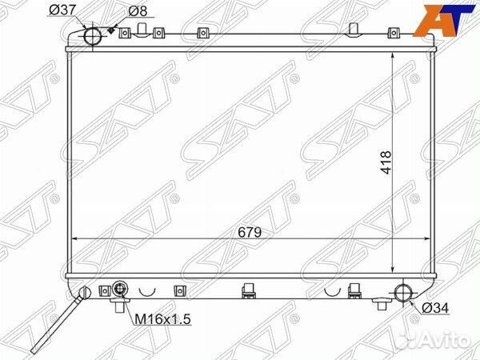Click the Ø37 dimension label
pos(62,10)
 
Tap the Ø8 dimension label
pos(138,11)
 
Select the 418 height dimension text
pos(386,162)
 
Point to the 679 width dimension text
pos(250,232)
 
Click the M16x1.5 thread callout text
pos(162,319)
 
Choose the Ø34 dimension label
pos(435,308)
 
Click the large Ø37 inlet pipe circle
pos(93,36)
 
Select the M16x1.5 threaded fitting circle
pos(120,289)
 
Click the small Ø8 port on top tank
pos(111,30)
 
